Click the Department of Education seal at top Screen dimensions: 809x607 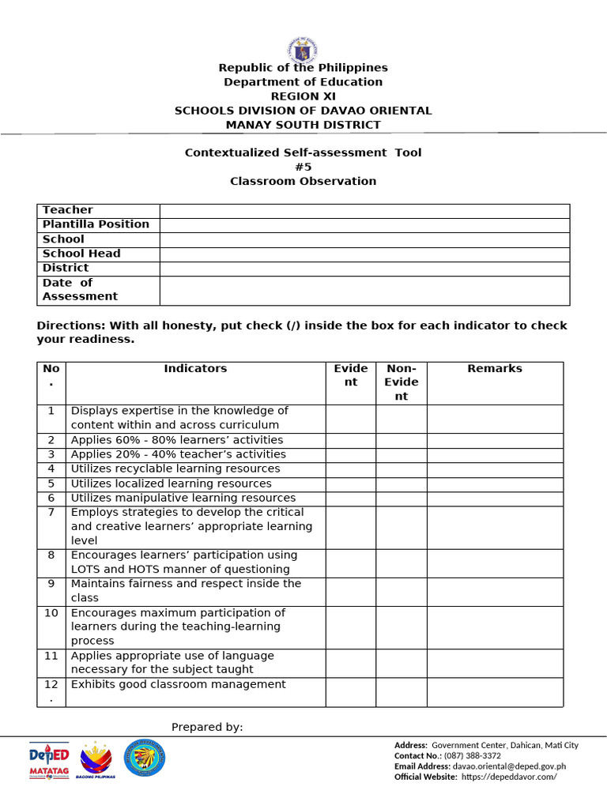point(303,49)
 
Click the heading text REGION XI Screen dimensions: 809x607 point(303,96)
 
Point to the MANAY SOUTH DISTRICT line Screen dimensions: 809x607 point(303,125)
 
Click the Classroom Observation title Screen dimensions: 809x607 point(303,181)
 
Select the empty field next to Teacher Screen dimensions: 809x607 point(364,210)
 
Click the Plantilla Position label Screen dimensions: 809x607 point(96,224)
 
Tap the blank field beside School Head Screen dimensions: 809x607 point(364,254)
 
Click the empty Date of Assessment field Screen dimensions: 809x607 point(364,290)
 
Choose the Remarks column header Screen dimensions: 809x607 point(495,369)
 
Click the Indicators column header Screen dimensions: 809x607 point(195,369)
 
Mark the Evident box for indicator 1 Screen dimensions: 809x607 point(350,418)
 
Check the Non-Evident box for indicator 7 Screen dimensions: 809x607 point(401,526)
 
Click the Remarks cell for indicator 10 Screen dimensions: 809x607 point(495,627)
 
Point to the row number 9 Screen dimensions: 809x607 point(51,584)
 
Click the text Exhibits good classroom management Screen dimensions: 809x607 point(178,685)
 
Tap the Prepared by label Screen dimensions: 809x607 point(207,727)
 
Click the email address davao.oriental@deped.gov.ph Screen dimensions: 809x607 point(509,766)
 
